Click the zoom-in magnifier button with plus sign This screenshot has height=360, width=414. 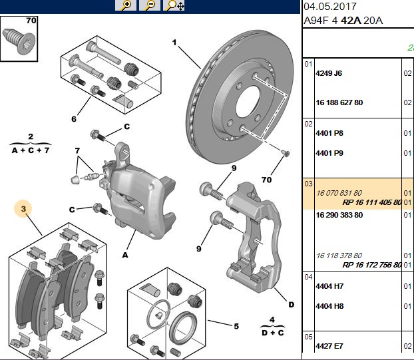coord(126,5)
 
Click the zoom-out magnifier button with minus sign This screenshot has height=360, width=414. coord(150,5)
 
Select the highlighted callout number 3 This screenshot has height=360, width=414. coord(23,209)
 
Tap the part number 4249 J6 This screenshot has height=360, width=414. coord(329,73)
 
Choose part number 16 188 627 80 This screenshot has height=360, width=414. coord(339,102)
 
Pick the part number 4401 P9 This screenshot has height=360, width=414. coord(329,153)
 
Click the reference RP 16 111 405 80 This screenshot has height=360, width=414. coord(372,202)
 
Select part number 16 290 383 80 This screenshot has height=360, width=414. coord(339,215)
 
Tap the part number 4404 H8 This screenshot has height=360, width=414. coord(329,306)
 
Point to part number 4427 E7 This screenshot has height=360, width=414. coord(329,346)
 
